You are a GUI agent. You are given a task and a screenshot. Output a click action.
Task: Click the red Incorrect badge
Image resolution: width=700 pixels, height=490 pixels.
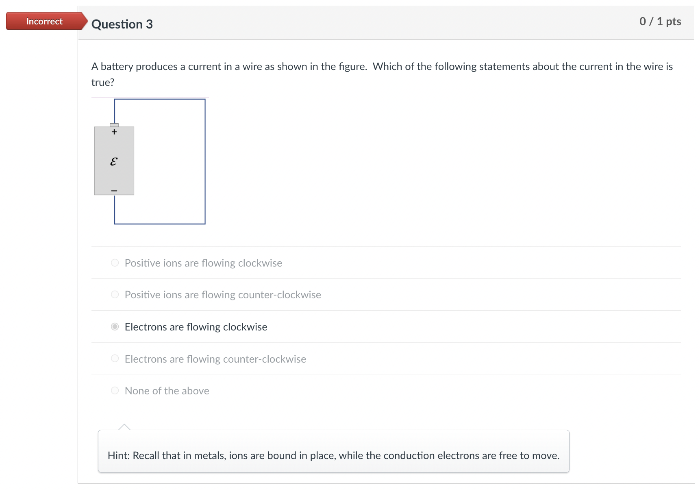point(44,21)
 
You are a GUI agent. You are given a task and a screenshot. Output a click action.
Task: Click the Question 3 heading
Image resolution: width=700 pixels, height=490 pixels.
point(122,24)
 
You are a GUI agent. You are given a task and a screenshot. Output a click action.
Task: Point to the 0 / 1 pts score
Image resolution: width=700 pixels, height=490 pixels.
point(660,22)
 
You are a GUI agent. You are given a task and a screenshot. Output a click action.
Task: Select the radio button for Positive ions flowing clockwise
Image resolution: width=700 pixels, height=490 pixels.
point(115,263)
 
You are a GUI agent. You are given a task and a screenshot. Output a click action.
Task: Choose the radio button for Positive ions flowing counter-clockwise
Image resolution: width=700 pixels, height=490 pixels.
point(115,295)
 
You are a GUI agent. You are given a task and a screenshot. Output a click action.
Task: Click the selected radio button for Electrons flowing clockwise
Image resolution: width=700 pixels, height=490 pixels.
point(115,327)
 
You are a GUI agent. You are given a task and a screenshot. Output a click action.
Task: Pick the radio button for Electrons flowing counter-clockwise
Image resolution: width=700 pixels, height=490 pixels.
point(115,359)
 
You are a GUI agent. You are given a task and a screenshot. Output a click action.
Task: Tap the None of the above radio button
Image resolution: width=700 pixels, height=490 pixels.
point(115,391)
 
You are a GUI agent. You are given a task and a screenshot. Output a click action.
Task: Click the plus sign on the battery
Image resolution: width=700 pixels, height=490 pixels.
point(114,132)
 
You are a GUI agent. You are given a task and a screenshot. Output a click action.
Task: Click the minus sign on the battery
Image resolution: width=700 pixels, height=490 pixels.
point(114,190)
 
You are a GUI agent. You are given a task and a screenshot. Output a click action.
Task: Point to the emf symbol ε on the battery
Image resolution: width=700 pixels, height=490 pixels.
point(114,162)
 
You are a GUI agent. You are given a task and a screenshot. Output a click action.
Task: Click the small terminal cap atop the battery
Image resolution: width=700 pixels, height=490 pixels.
point(114,125)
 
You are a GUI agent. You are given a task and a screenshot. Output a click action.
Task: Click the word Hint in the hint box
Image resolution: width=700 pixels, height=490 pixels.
point(118,455)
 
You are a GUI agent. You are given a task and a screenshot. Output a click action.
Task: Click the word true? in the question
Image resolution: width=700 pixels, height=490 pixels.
point(103,82)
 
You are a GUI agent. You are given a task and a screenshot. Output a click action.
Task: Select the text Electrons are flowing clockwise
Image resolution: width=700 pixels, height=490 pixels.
point(196,327)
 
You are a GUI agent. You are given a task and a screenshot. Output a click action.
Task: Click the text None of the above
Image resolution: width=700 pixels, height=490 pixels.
point(167,391)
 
